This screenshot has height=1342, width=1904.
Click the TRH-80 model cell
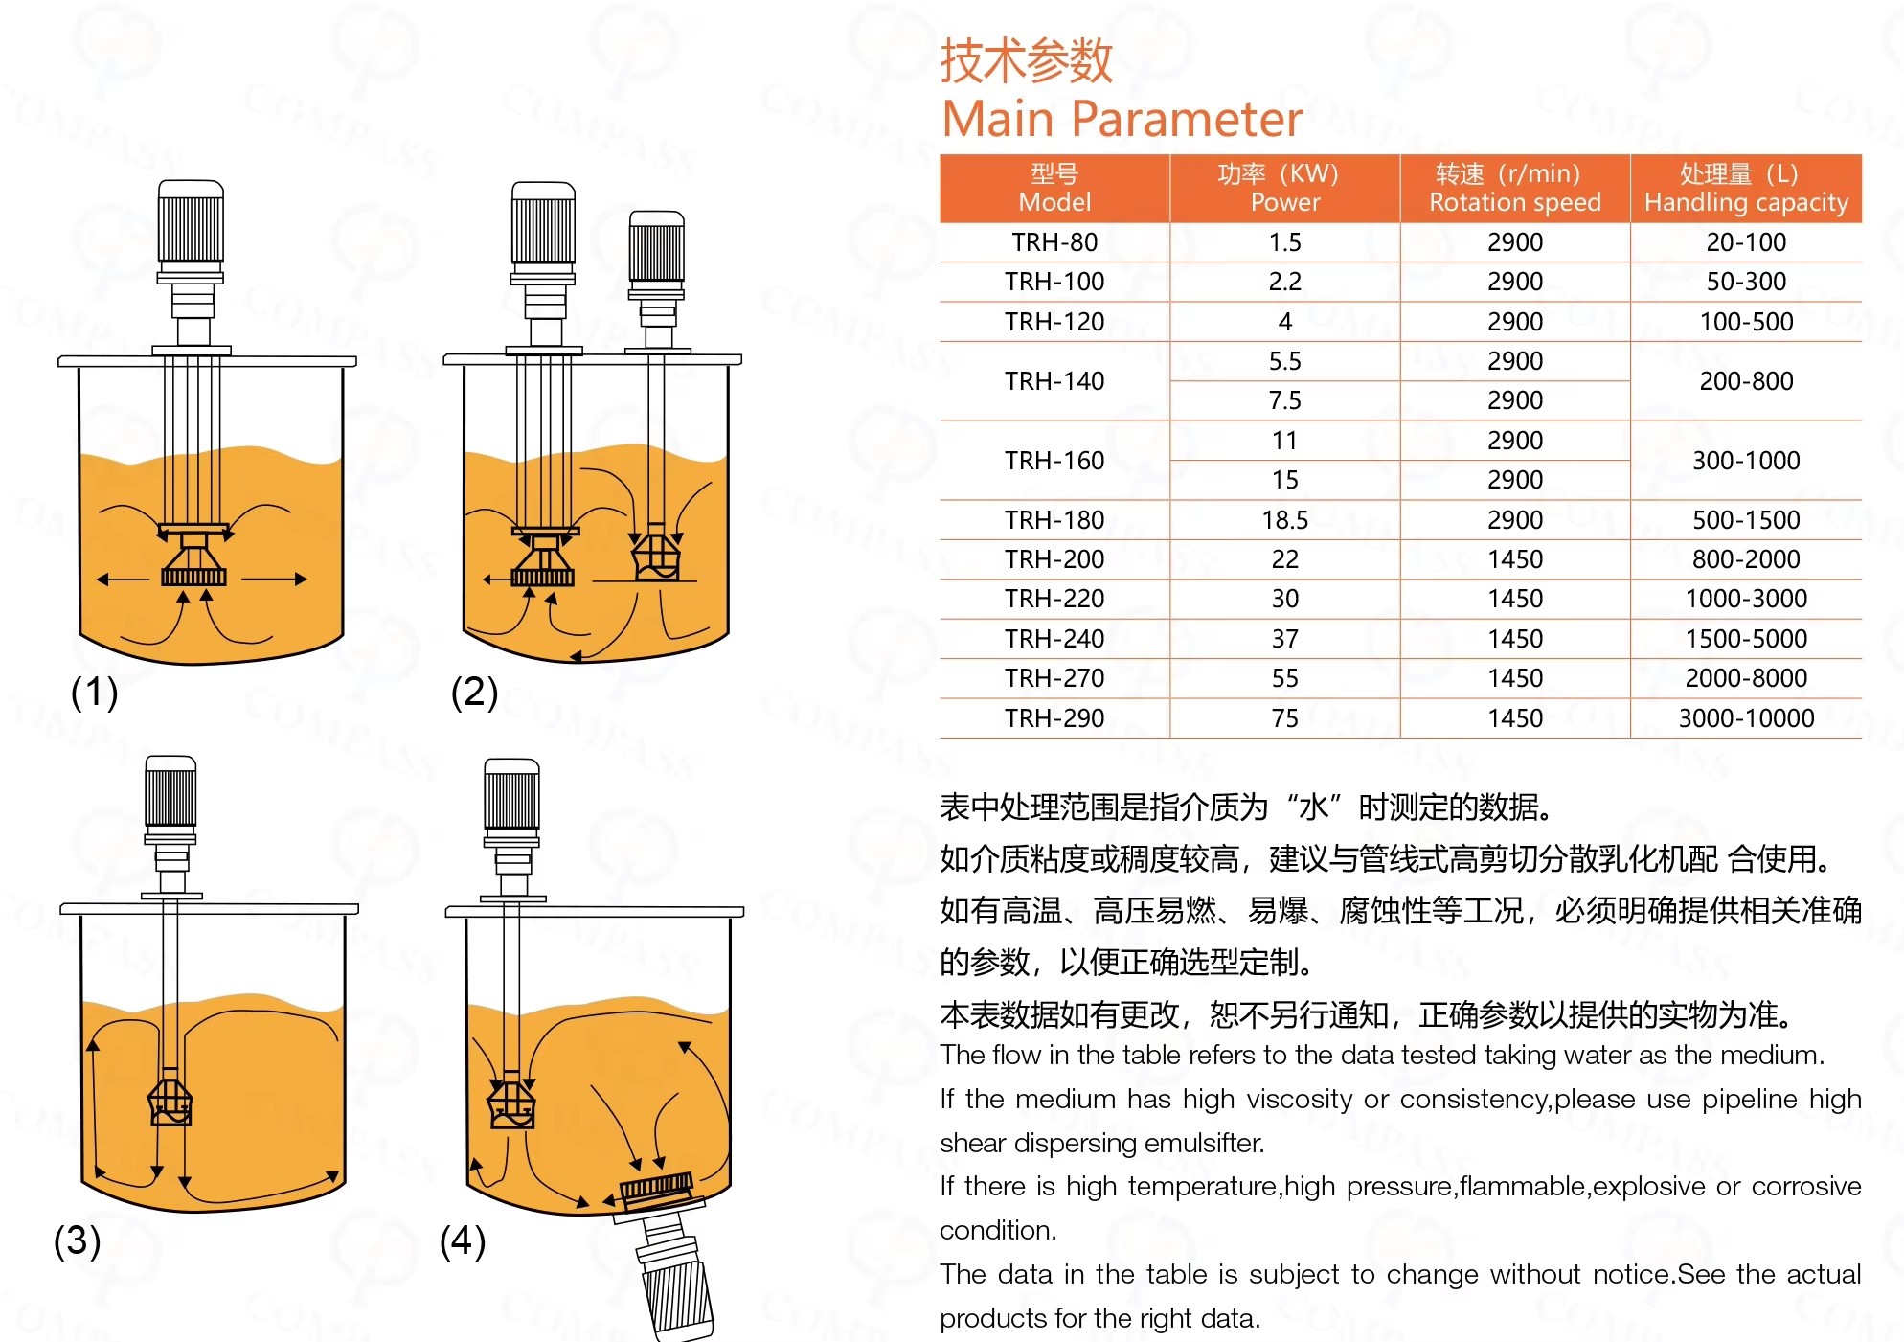point(1054,242)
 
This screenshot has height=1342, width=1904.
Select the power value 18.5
point(1284,520)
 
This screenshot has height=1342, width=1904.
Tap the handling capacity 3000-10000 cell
point(1746,718)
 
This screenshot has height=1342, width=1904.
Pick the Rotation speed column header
point(1515,189)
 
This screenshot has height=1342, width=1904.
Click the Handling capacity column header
point(1746,189)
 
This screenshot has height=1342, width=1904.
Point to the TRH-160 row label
point(1054,461)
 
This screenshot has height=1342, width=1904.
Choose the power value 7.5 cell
point(1284,400)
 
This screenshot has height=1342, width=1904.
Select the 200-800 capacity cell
point(1746,381)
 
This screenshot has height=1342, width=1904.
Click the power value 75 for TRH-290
point(1284,718)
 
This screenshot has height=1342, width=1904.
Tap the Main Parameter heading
point(1122,119)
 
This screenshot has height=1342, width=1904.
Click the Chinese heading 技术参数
point(1026,60)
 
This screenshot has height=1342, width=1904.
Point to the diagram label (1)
point(94,692)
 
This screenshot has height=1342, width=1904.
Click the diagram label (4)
point(463,1240)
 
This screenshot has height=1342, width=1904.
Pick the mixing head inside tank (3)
point(170,1102)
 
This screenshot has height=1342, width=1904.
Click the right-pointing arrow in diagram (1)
point(274,579)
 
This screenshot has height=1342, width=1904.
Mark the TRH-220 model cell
point(1054,599)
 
